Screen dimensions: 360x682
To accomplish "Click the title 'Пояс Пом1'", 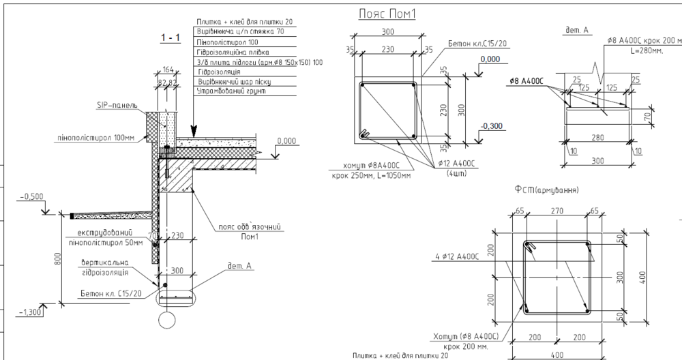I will tap(387, 14).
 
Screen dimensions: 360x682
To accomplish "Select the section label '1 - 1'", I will tap(169, 38).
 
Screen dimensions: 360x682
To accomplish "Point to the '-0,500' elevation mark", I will tap(31, 196).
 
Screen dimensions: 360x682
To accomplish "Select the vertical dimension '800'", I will tap(59, 259).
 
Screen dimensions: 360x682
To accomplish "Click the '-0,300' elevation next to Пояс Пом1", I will tap(491, 126).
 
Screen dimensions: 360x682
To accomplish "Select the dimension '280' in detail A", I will tap(598, 138).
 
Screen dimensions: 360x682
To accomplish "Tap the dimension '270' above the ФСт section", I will tap(558, 211).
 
